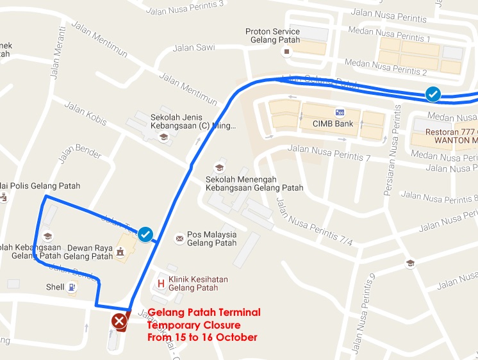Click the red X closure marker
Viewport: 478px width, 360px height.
coord(119,320)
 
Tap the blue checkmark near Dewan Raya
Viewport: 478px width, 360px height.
coord(145,234)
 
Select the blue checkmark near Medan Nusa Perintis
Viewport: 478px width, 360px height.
coord(433,95)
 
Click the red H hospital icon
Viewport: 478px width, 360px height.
coord(161,283)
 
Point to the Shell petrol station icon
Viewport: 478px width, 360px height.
coord(71,288)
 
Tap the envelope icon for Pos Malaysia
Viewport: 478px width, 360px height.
coord(179,239)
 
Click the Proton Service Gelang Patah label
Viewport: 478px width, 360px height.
coord(272,37)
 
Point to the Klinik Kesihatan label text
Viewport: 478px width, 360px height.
coord(198,279)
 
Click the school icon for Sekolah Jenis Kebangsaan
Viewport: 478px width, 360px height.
coord(163,136)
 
